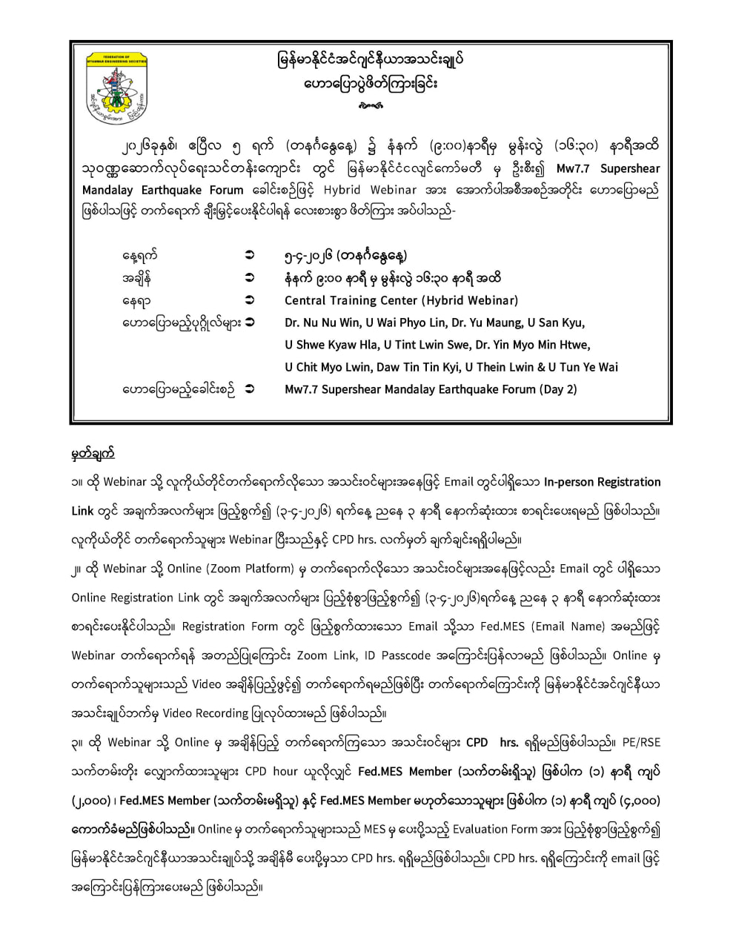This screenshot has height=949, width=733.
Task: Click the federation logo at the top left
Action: pos(117,87)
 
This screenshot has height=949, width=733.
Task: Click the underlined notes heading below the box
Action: pos(93,453)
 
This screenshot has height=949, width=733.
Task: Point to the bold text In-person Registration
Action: pos(602,482)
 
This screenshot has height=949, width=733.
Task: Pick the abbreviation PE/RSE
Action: pos(641,742)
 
